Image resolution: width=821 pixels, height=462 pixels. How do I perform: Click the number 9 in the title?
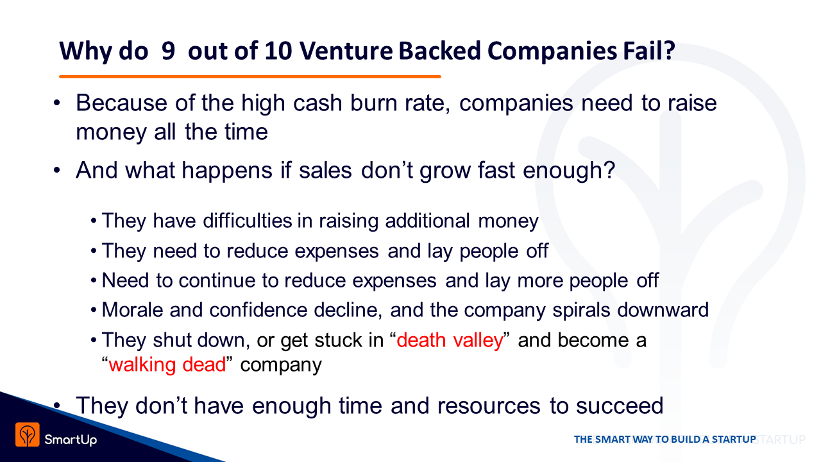[x=168, y=51]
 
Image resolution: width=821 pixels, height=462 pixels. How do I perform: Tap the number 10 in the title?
[x=278, y=51]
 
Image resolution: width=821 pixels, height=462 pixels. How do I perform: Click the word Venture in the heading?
[x=346, y=51]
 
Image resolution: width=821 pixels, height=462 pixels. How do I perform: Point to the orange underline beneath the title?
[x=250, y=76]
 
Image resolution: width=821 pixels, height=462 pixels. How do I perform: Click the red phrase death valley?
[x=450, y=340]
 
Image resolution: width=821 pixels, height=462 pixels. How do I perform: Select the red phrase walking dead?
[x=167, y=364]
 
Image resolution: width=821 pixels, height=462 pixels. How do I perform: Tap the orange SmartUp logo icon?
[x=28, y=434]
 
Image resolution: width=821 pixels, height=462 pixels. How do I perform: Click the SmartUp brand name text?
[x=71, y=440]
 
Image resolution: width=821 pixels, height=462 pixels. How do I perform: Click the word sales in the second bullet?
[x=325, y=171]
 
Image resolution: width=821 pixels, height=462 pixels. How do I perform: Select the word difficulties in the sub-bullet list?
[x=248, y=221]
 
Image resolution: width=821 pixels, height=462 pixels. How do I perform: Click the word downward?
[x=663, y=310]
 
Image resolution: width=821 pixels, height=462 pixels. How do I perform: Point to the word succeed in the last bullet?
[x=620, y=406]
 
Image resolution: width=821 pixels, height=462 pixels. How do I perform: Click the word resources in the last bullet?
[x=489, y=406]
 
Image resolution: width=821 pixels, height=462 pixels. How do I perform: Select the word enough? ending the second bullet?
[x=569, y=171]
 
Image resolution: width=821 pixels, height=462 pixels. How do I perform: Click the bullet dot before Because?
[x=56, y=103]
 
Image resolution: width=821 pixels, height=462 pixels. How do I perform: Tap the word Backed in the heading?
[x=439, y=51]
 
